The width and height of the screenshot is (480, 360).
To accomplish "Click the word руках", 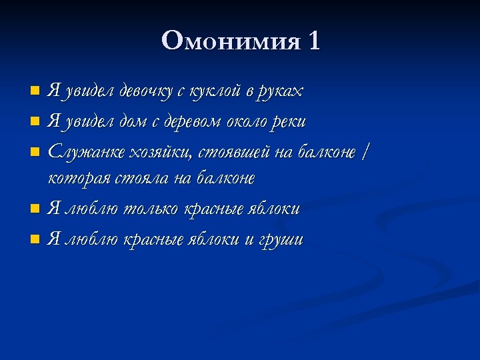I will [282, 92].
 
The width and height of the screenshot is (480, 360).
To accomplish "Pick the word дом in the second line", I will [133, 121].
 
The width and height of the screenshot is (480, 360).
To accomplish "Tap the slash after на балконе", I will [364, 151].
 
